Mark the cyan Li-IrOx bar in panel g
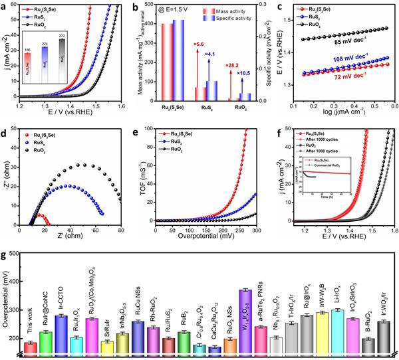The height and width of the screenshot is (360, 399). [x=339, y=330]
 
